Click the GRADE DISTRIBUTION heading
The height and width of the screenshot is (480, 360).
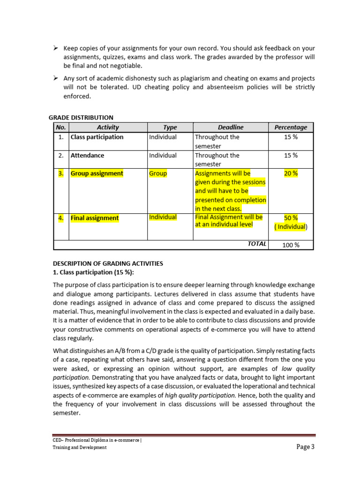81,118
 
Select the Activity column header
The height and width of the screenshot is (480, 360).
108,127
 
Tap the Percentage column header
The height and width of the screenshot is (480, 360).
291,127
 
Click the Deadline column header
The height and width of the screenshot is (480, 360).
231,127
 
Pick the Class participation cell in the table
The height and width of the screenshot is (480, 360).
97,137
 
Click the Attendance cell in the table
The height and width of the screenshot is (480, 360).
87,155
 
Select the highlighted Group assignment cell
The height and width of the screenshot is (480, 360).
97,173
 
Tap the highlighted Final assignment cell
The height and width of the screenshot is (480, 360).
95,218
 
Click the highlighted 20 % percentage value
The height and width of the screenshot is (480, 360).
291,173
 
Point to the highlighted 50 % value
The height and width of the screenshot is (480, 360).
291,218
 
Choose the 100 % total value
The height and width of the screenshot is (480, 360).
291,245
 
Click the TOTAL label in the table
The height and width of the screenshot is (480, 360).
257,244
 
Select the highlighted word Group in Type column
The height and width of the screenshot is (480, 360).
157,173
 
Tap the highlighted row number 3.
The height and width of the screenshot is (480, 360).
60,173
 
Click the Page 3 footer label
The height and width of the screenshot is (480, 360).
306,447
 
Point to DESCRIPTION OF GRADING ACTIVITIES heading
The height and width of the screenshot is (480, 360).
108,263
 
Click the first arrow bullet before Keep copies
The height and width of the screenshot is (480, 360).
55,48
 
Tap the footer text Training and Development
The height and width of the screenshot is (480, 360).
79,447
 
